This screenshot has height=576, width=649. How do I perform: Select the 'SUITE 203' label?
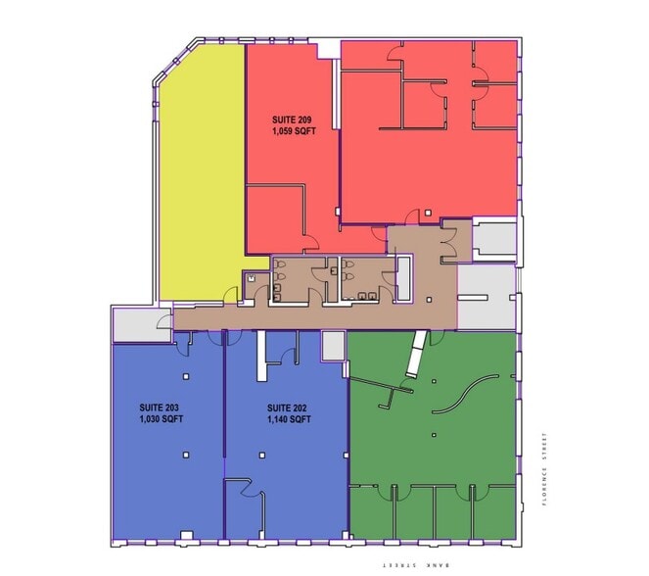(x=159, y=407)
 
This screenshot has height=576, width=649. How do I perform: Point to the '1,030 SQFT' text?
(x=162, y=419)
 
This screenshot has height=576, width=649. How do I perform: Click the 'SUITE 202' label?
(x=287, y=407)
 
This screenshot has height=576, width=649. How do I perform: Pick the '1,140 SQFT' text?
(x=289, y=419)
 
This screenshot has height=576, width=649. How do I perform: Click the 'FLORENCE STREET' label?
(x=545, y=469)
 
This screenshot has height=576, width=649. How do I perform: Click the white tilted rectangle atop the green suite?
(x=419, y=356)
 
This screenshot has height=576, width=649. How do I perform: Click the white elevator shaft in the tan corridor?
(x=404, y=278)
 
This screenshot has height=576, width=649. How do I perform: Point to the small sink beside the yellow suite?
(x=252, y=277)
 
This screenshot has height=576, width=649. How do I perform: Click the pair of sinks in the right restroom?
(x=364, y=293)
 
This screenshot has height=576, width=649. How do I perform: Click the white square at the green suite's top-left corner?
(x=334, y=345)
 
